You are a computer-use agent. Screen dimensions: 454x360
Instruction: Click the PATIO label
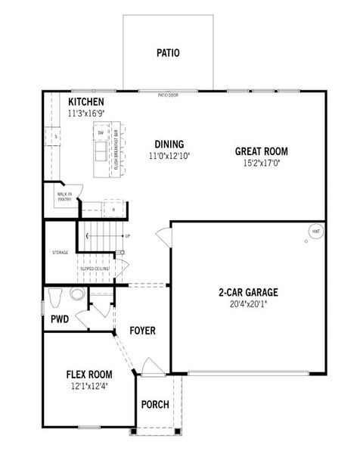coord(168,53)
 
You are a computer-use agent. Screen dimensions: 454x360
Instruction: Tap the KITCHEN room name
coord(86,102)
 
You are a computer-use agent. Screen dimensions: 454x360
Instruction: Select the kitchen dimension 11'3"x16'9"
coord(86,113)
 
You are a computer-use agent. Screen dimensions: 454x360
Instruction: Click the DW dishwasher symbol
coord(101,133)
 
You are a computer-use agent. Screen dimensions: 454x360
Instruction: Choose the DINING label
coord(169,145)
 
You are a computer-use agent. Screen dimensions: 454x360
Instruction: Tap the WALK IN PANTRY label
coord(64,197)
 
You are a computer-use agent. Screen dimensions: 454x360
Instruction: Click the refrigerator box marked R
coord(113,209)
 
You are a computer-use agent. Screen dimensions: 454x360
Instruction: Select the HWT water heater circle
coord(315,231)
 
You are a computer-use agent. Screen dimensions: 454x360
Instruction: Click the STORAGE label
coord(61,252)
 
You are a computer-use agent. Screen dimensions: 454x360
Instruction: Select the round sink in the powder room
coord(77,294)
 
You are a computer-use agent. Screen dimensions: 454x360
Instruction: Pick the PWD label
coord(60,319)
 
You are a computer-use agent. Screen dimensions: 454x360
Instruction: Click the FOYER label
coord(142,331)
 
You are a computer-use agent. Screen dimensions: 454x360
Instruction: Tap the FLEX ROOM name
coord(89,375)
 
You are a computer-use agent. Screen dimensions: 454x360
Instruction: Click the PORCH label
coord(155,404)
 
